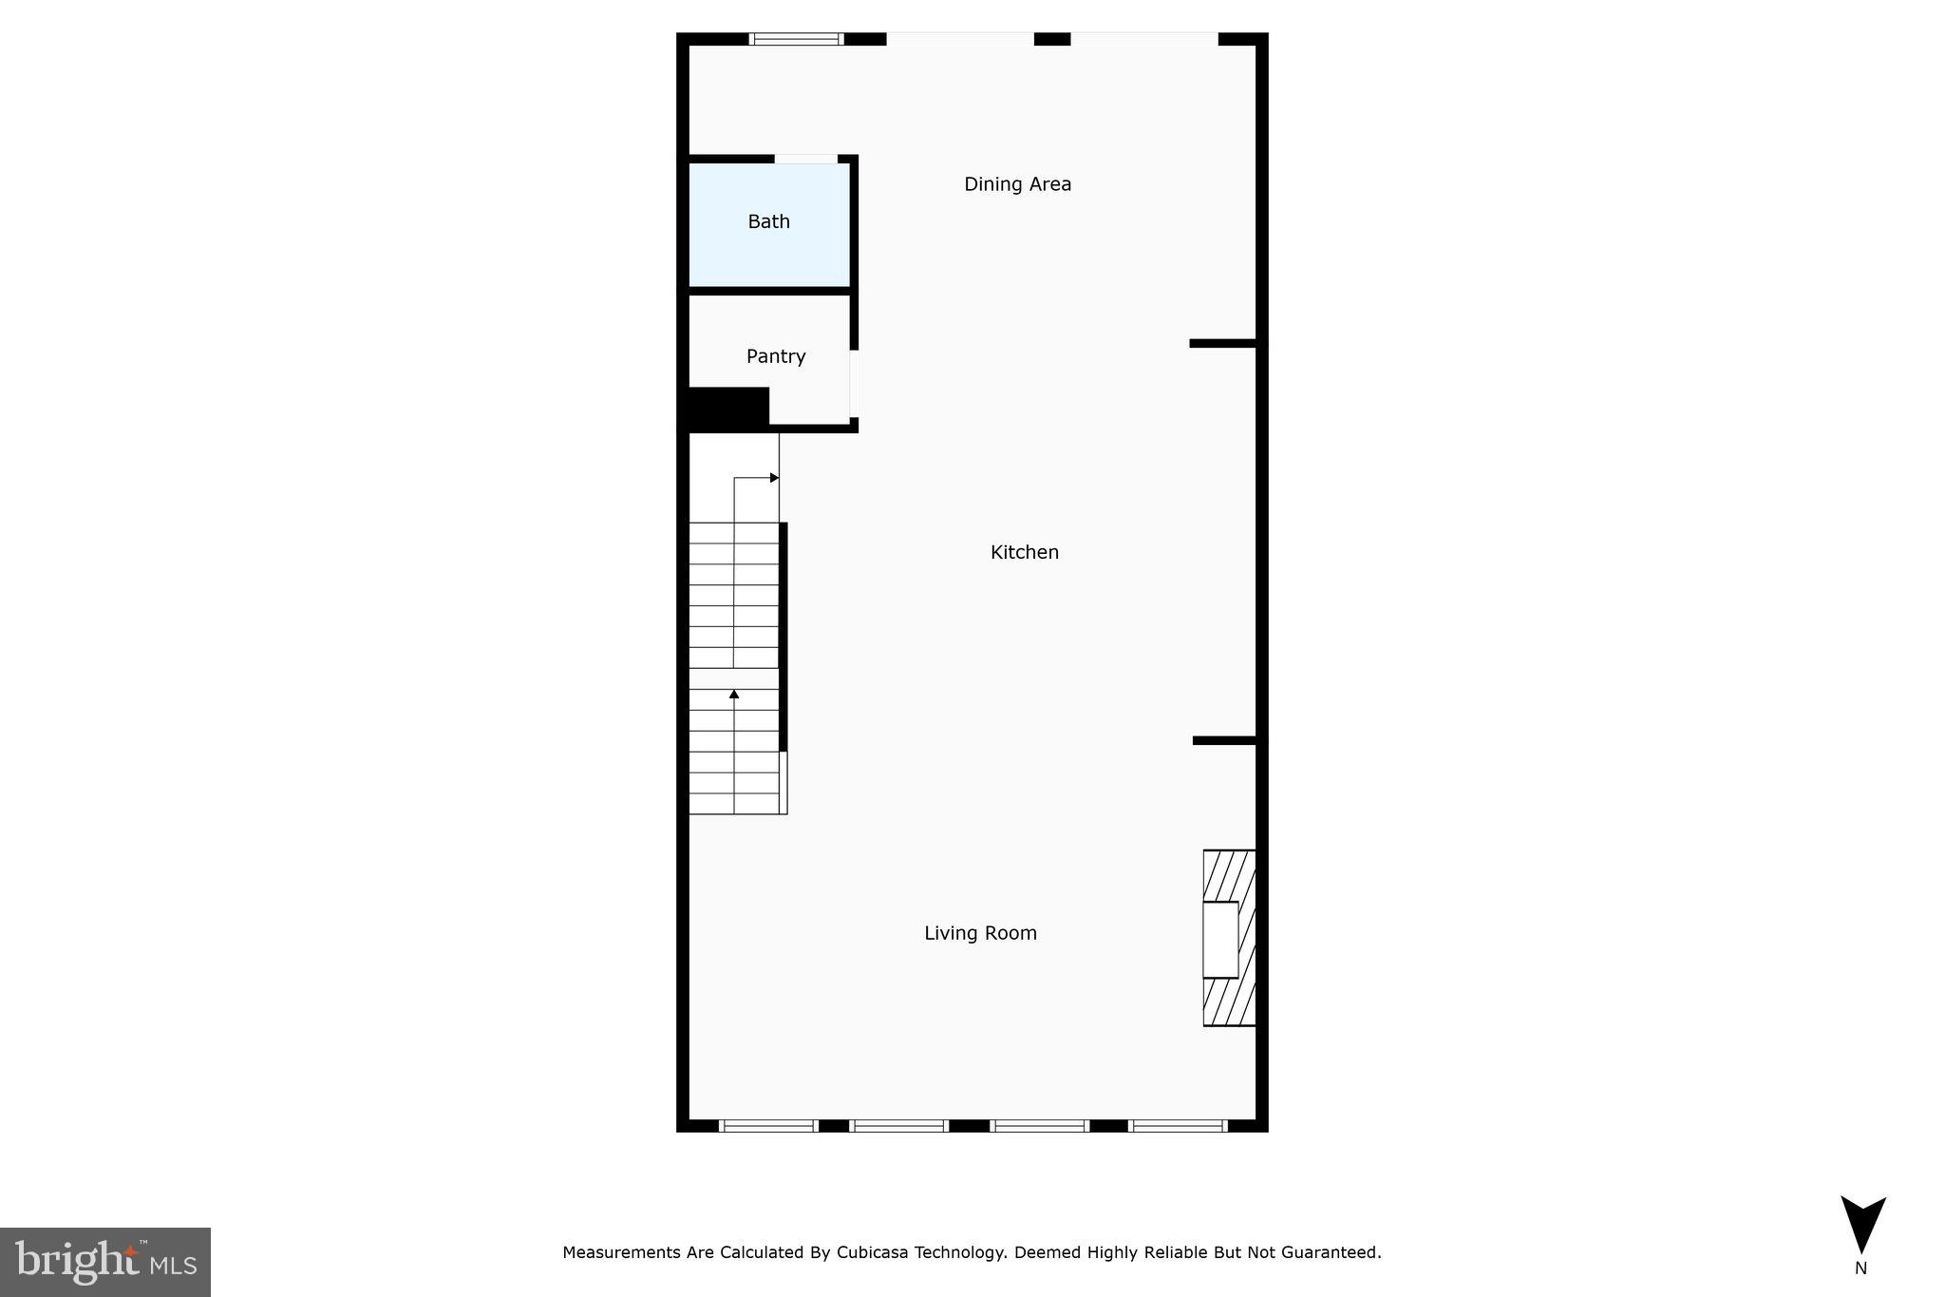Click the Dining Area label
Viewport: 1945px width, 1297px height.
coord(1017,184)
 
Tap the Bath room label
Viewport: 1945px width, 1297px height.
coord(768,221)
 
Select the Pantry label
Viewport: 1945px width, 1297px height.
coord(776,356)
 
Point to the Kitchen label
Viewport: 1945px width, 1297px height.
coord(1024,552)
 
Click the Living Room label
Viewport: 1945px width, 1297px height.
coord(980,933)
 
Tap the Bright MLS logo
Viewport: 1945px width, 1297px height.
coord(105,1262)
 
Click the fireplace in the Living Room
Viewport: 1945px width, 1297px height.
coord(1229,938)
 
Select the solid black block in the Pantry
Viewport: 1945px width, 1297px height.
coord(727,409)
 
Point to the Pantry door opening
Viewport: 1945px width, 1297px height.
coord(854,383)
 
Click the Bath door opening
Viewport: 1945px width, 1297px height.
coord(805,159)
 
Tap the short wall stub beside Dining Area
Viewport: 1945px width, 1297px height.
coord(1223,343)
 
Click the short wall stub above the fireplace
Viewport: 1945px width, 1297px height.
coord(1225,740)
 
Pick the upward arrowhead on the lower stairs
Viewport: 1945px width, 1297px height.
coord(734,695)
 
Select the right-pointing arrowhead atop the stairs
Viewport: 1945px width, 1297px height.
coord(774,478)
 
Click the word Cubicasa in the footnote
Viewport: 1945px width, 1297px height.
coord(872,1252)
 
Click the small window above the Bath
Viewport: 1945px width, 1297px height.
coord(796,39)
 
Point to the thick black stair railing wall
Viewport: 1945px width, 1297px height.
coord(784,637)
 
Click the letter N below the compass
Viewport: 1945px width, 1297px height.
coord(1860,1268)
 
